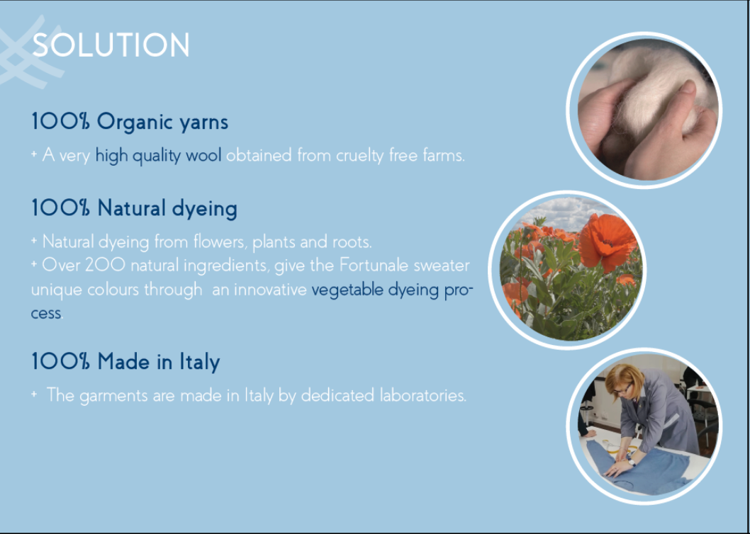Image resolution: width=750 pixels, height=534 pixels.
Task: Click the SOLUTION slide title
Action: [111, 45]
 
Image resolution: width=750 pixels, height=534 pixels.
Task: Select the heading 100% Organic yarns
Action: [130, 123]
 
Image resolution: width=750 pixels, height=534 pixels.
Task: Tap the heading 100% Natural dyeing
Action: [135, 209]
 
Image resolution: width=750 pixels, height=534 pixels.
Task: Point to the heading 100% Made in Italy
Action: [125, 361]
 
